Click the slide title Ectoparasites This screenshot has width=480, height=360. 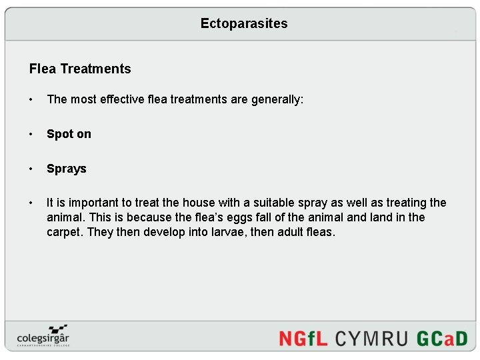pos(244,23)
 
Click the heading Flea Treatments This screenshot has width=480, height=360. pos(80,69)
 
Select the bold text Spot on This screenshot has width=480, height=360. pos(69,134)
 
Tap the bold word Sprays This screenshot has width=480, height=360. pos(67,169)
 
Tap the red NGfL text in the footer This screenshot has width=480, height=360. pos(303,338)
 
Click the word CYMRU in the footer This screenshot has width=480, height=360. pos(371,338)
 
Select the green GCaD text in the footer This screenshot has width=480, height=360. pos(442,338)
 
